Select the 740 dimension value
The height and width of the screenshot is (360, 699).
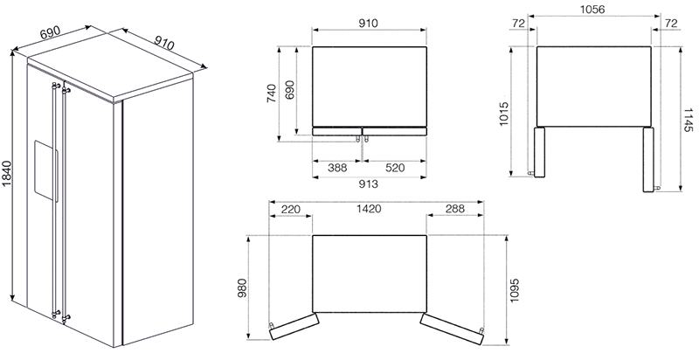coord(272,93)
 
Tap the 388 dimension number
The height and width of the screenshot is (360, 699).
coord(337,168)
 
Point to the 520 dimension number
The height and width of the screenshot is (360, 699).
coord(394,168)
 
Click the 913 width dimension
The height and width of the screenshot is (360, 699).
coord(368,183)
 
